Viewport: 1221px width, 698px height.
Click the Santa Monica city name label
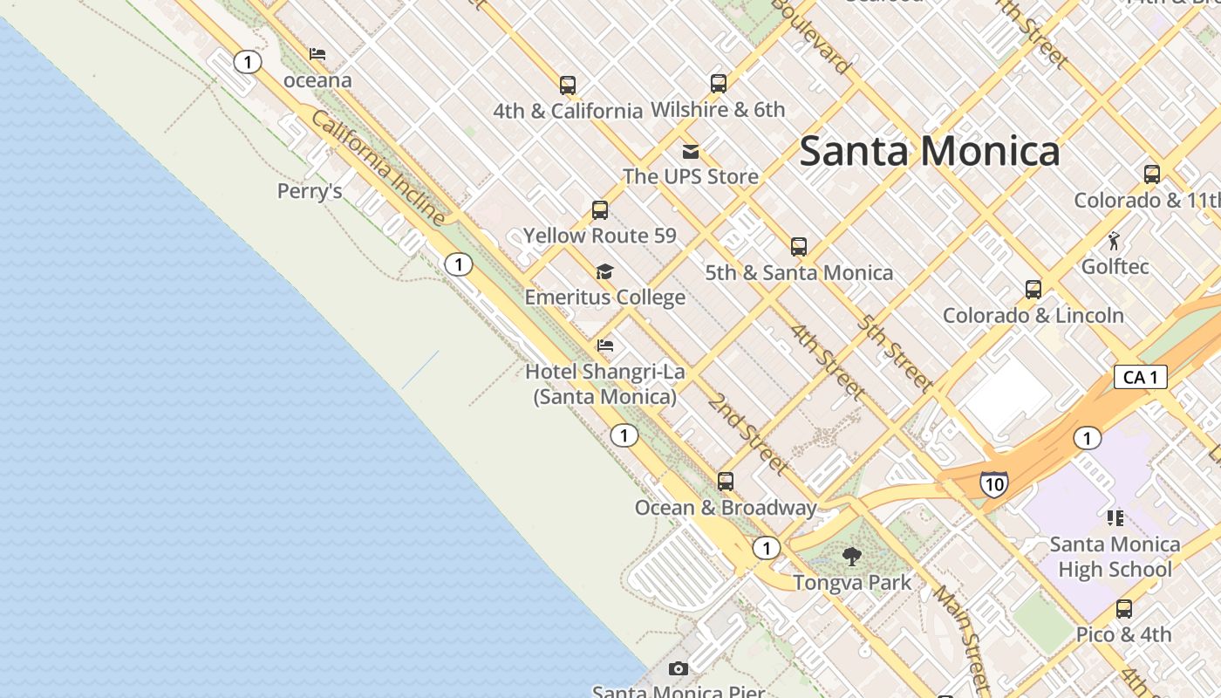(x=929, y=151)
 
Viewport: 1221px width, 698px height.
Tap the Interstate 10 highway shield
(x=994, y=483)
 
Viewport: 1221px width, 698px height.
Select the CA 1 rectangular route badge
(x=1140, y=377)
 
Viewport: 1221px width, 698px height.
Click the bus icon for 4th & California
(x=568, y=85)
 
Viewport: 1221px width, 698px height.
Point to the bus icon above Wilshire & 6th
(x=718, y=84)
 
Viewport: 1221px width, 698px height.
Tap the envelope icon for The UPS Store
(x=691, y=152)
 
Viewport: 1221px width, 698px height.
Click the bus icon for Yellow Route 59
(x=600, y=210)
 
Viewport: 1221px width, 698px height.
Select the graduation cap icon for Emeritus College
(x=604, y=272)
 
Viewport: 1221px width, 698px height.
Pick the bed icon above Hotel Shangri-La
(x=605, y=346)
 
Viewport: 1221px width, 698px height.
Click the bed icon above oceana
(x=317, y=54)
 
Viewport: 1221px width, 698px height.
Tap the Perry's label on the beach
(x=310, y=191)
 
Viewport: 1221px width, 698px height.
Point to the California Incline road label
(x=378, y=168)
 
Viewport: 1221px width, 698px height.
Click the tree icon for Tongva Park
(x=852, y=556)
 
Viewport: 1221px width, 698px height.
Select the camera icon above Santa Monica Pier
(x=678, y=669)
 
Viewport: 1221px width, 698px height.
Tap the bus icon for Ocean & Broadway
(x=726, y=481)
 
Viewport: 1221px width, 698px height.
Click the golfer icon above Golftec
(x=1115, y=240)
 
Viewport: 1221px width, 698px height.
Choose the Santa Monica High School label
(x=1115, y=557)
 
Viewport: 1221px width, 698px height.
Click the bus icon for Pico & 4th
(x=1124, y=609)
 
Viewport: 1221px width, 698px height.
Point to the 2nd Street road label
(x=747, y=434)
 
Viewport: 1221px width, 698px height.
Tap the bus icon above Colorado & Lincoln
(x=1033, y=290)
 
